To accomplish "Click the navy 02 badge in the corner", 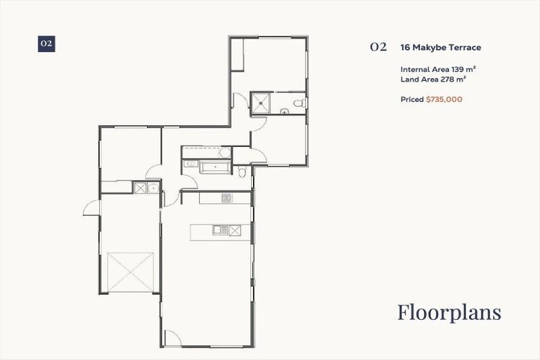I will (46, 44).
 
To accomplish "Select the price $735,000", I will (444, 100).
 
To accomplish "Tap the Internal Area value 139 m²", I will (457, 70).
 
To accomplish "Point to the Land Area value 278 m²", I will (452, 79).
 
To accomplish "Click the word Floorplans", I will (449, 312).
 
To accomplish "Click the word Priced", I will (412, 100).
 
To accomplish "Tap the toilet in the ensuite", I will (299, 104).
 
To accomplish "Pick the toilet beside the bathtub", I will (241, 172).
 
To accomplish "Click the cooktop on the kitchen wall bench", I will (226, 198).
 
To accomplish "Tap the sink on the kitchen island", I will (220, 229).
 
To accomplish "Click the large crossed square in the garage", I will (131, 272).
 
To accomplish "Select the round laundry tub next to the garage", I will (153, 188).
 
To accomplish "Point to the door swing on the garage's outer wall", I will (92, 206).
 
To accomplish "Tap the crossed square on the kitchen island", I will (235, 229).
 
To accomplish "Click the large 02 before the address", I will (378, 48).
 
